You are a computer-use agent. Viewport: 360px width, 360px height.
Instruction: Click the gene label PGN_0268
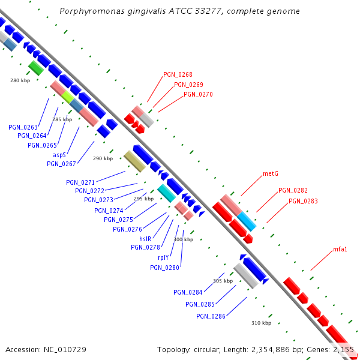pos(178,75)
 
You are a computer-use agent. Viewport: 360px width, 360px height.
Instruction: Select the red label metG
pos(271,174)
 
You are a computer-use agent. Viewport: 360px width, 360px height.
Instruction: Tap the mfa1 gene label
pos(340,249)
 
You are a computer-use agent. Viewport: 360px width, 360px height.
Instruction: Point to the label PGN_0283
pos(303,201)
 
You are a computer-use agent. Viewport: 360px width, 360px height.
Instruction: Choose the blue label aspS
pos(59,155)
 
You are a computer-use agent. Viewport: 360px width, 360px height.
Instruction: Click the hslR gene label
pos(145,238)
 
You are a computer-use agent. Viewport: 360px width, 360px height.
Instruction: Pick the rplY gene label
pos(163,257)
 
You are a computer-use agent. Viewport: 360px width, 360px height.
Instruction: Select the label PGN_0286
pos(211,316)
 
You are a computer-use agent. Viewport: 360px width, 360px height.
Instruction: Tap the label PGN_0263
pos(23,127)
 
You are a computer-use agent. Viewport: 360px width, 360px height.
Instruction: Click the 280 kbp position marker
pos(20,80)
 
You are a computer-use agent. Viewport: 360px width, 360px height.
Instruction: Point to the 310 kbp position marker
pos(261,323)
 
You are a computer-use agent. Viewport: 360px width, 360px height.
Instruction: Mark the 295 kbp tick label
pos(143,199)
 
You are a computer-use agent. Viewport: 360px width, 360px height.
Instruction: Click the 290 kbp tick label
pos(103,159)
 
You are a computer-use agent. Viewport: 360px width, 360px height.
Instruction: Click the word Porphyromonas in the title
pos(88,11)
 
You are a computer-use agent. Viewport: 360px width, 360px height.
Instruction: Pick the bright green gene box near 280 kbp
pos(36,68)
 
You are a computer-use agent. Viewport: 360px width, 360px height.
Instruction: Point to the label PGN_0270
pos(198,94)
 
